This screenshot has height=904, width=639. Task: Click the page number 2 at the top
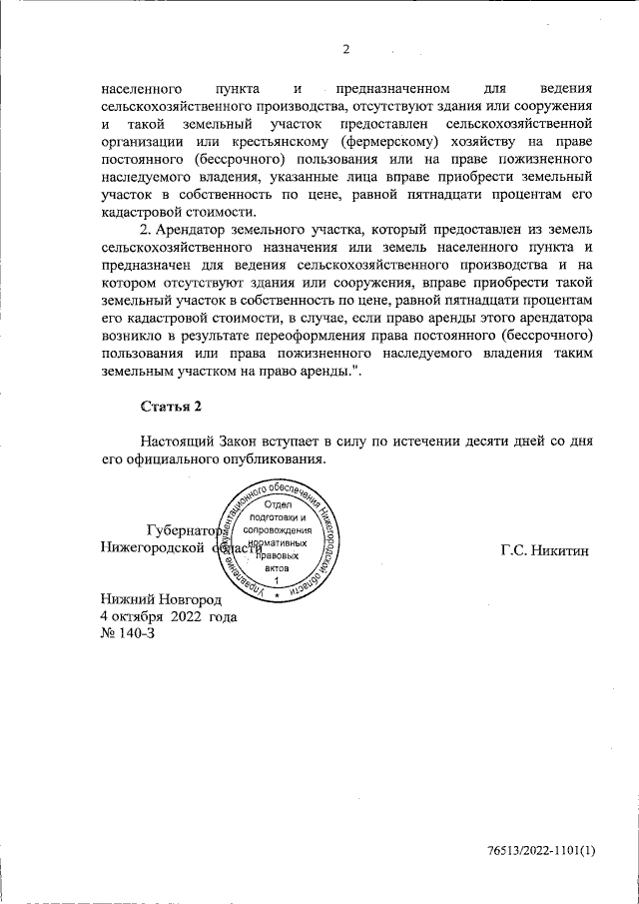click(x=346, y=49)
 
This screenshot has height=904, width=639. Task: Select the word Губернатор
click(x=180, y=530)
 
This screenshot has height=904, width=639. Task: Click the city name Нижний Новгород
click(x=161, y=599)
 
